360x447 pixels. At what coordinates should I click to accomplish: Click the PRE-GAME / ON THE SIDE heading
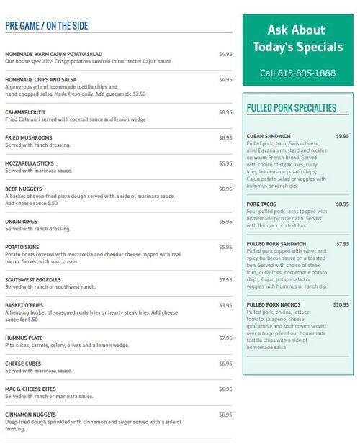tap(46, 26)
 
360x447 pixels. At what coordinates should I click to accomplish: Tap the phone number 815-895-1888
tap(298, 73)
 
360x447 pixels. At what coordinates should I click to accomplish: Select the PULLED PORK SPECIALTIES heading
tap(292, 108)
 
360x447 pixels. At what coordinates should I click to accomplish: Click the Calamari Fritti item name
tap(25, 112)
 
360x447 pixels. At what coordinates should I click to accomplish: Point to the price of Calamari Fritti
tap(225, 112)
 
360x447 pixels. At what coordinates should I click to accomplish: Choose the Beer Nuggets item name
tap(23, 189)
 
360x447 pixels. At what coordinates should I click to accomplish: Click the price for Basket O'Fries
tap(225, 305)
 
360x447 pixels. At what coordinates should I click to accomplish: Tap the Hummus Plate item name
tap(24, 338)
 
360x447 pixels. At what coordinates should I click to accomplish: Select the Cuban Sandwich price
tap(342, 136)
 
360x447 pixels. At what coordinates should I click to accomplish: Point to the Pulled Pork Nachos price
tap(341, 304)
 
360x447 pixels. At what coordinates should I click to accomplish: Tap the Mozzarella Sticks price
tap(225, 163)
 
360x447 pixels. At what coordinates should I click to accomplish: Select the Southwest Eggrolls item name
tap(32, 279)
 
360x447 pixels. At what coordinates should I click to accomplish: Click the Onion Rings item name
tap(22, 222)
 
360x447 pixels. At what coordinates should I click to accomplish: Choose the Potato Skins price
tap(225, 247)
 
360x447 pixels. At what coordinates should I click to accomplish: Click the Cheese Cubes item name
tap(24, 364)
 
